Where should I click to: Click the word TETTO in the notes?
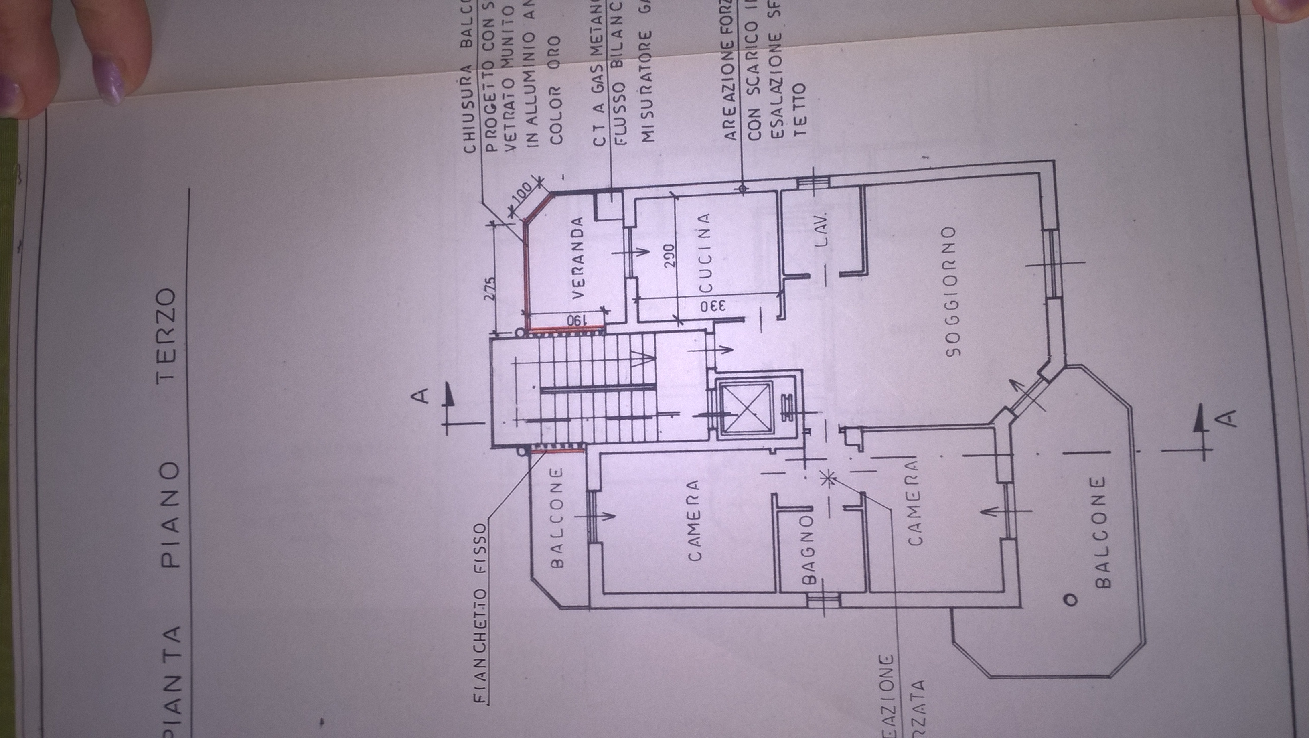tap(800, 109)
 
